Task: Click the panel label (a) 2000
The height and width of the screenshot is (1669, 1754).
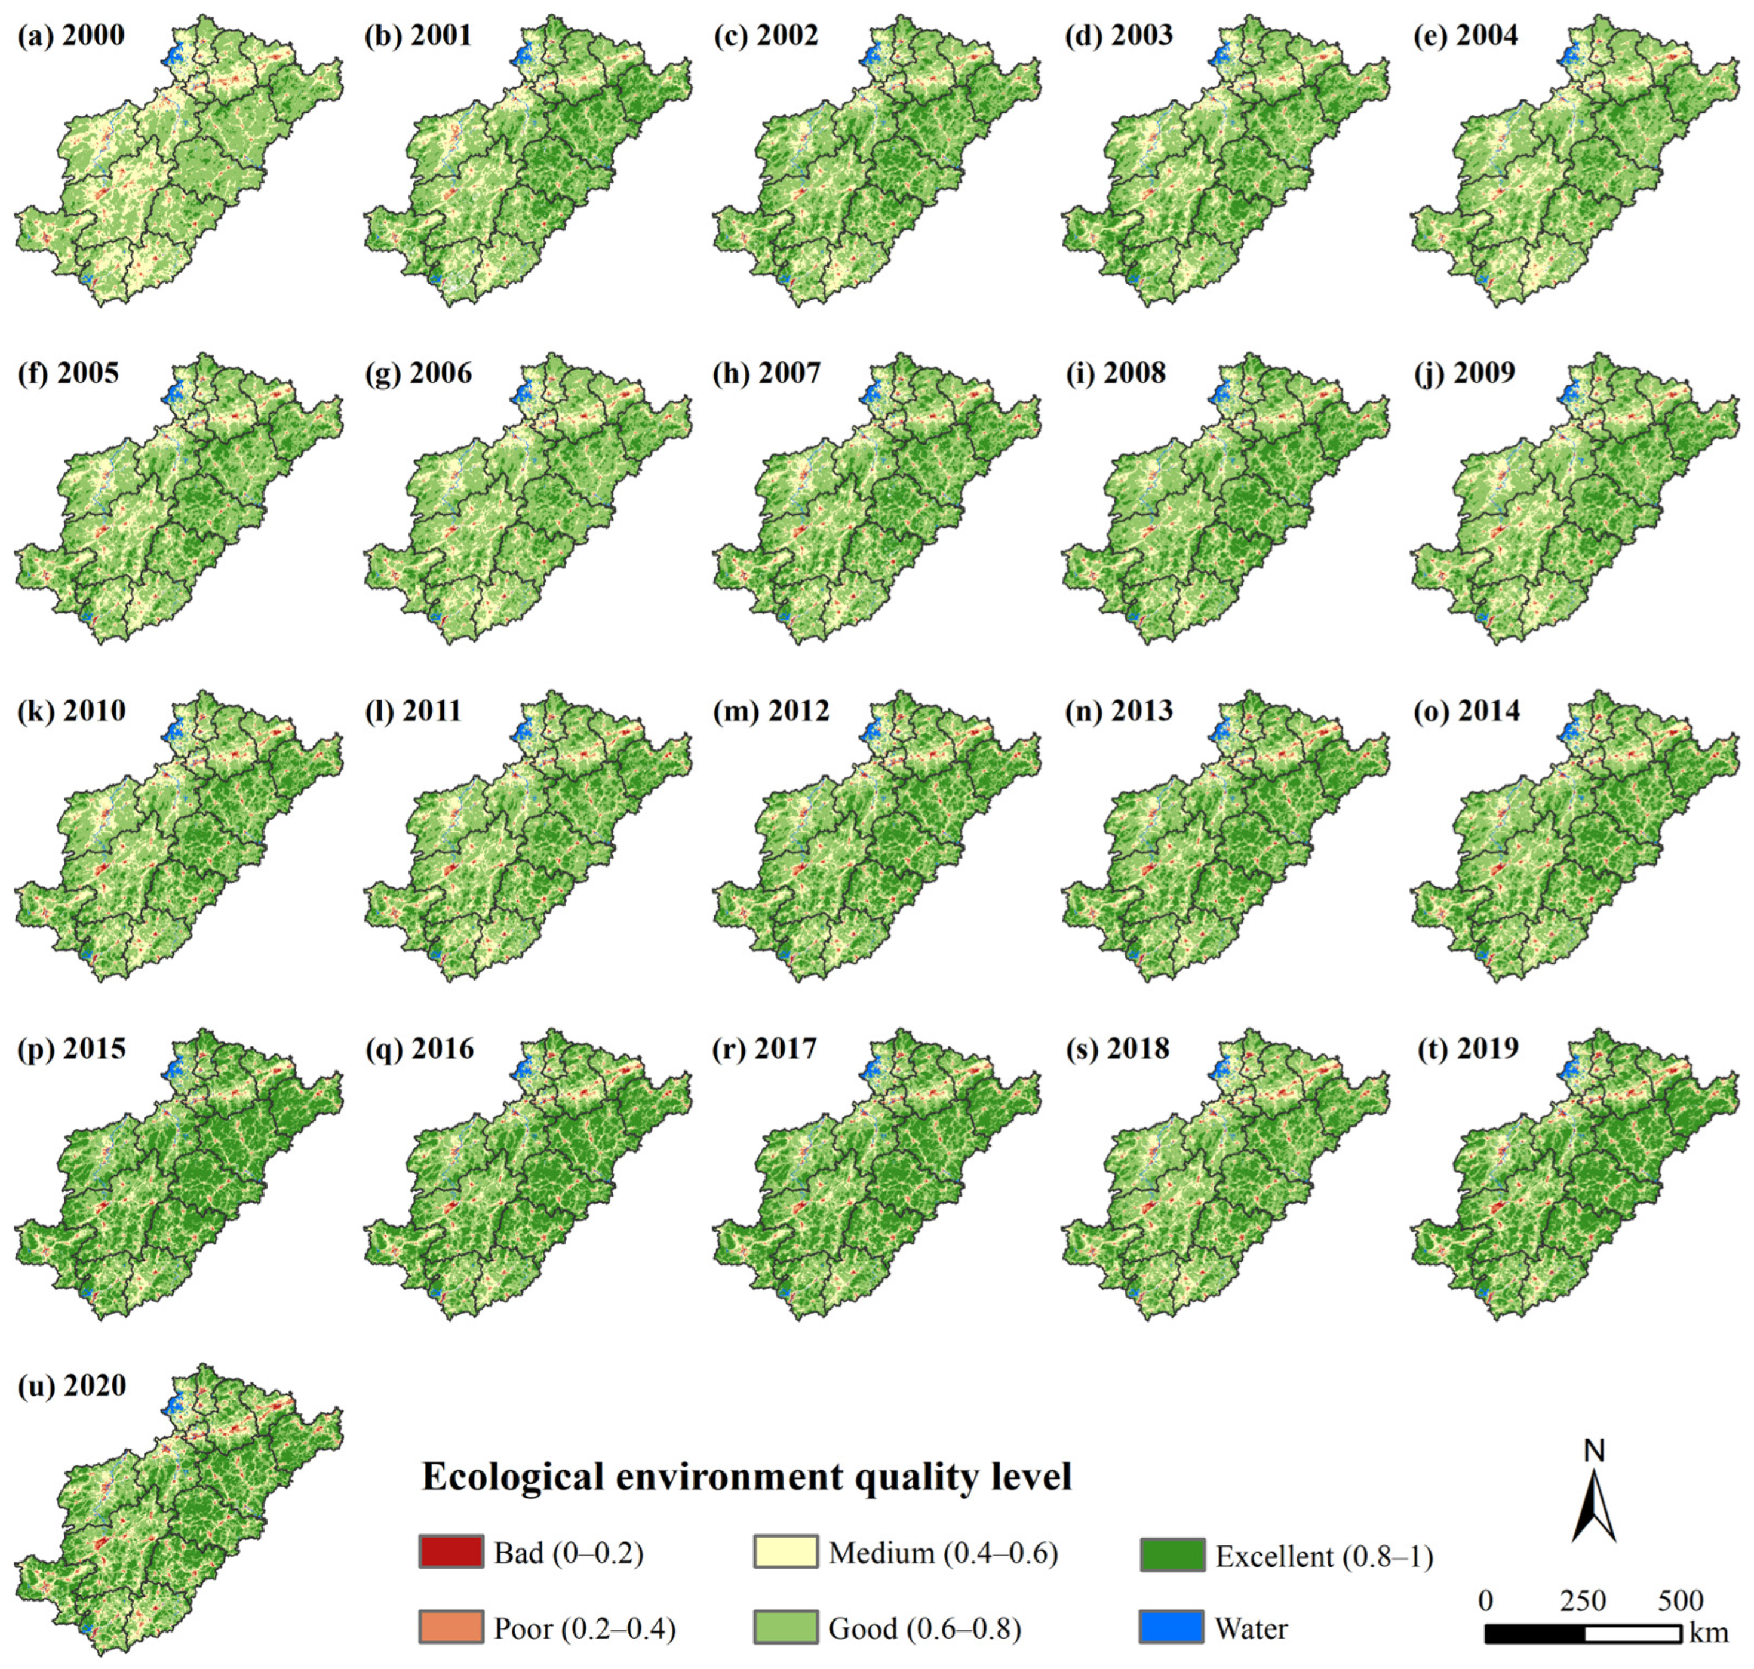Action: point(71,36)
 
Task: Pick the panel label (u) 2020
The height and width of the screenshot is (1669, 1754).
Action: point(71,1385)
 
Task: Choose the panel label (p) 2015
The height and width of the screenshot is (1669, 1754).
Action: point(71,1048)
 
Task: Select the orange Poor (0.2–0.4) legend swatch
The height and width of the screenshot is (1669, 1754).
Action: point(451,1627)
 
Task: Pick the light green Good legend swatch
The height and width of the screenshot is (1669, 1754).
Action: point(785,1627)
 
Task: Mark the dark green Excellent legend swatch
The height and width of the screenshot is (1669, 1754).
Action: point(1172,1554)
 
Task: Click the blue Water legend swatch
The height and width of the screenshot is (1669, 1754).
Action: point(1172,1627)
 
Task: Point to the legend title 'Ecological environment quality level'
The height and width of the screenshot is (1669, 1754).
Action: point(747,1476)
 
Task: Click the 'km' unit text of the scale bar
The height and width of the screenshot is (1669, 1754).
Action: point(1709,1633)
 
